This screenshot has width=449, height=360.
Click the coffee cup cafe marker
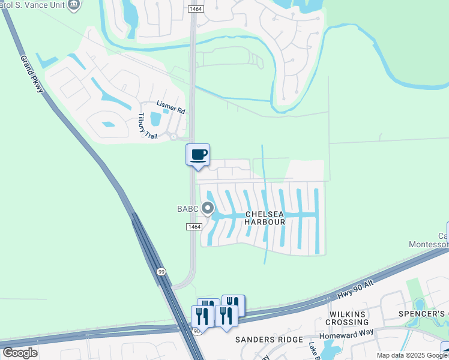(198, 155)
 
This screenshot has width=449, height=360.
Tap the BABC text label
(187, 209)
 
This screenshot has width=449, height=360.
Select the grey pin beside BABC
(208, 209)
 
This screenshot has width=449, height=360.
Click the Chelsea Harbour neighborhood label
(265, 218)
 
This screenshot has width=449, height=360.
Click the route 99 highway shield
(161, 272)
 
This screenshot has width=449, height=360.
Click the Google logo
(20, 352)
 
